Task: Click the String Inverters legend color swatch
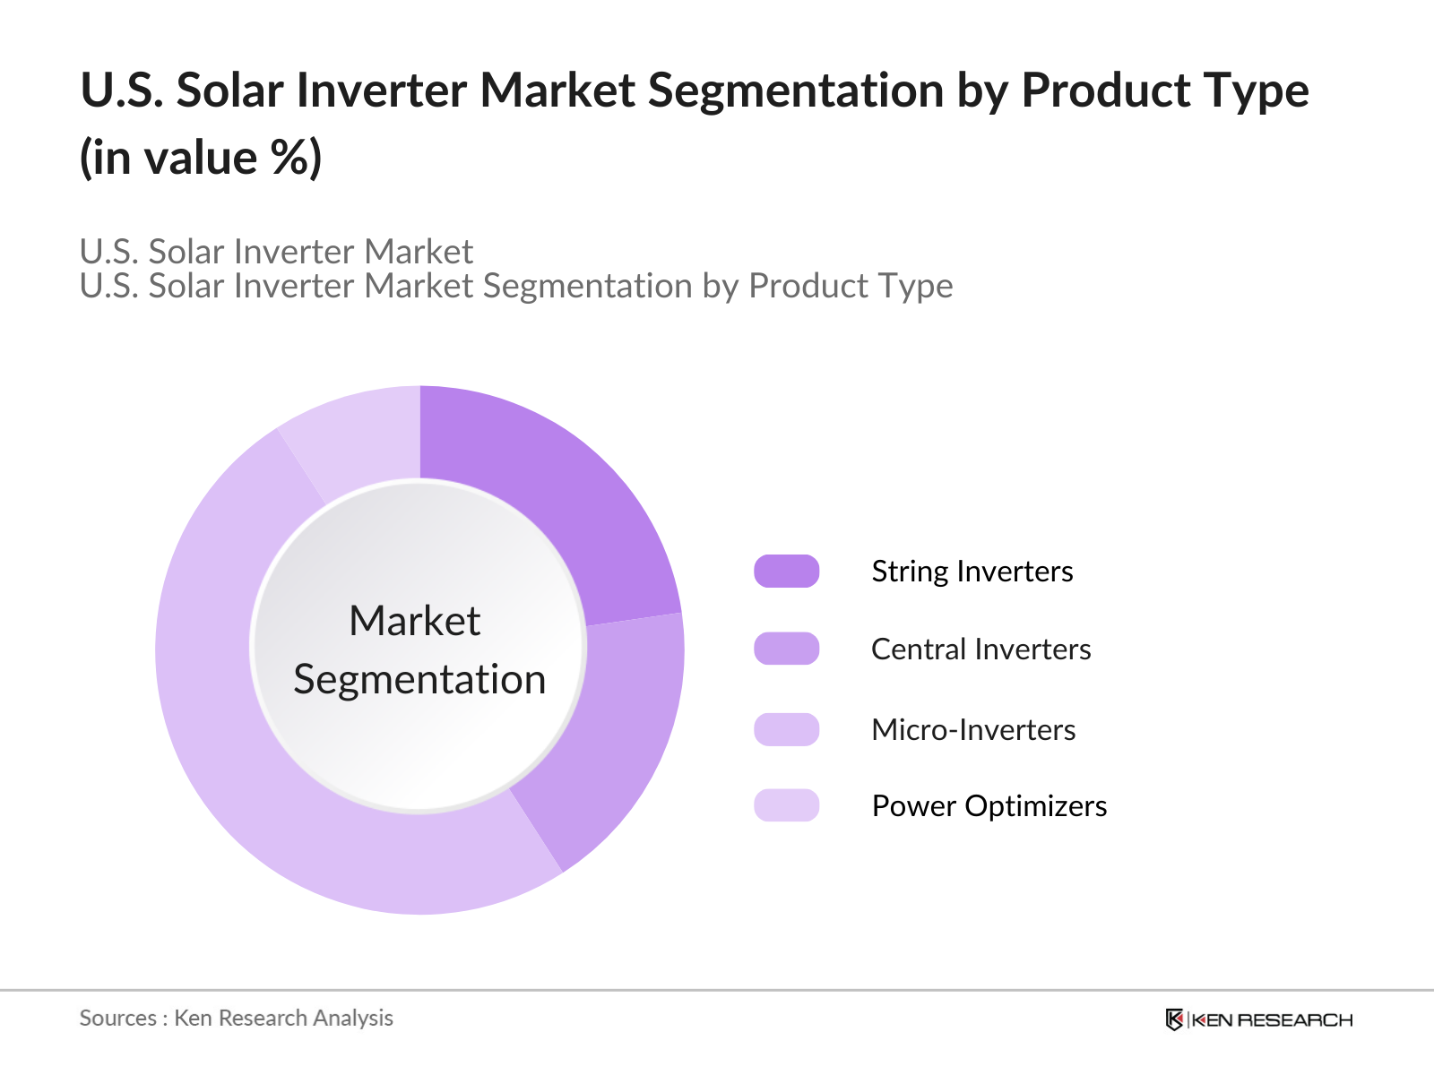(x=787, y=572)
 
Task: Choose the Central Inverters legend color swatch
(x=787, y=649)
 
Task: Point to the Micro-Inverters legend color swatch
(x=787, y=730)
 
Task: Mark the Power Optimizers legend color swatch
(x=787, y=806)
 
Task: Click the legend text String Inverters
(x=972, y=572)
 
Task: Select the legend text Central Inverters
(x=980, y=649)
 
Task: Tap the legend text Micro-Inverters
(x=973, y=730)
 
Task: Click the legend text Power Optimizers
(x=989, y=806)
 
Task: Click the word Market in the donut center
(x=415, y=621)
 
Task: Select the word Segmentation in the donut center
(x=419, y=679)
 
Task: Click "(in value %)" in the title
(x=201, y=159)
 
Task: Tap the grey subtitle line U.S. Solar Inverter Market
(x=276, y=252)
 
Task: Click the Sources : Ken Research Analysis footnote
(x=237, y=1019)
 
